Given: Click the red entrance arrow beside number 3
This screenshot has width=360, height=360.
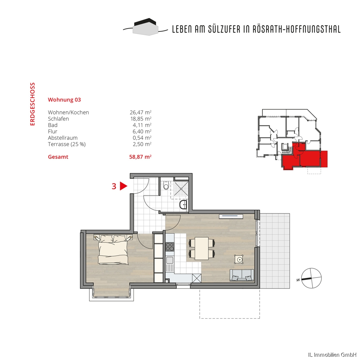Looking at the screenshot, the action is [x=123, y=186].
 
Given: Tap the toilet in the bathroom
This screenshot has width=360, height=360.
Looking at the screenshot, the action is [x=166, y=185].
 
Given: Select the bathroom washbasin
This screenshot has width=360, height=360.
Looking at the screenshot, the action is [x=183, y=204].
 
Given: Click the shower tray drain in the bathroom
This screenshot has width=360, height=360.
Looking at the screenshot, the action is [x=181, y=189].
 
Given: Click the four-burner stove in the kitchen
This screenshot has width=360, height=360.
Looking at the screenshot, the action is [x=170, y=247].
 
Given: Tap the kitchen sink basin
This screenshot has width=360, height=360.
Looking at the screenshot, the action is [x=170, y=260].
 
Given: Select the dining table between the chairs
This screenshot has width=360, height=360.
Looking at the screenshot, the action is [x=202, y=248].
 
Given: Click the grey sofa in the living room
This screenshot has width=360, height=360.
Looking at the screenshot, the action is [x=242, y=275].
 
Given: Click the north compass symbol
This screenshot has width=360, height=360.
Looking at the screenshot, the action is [x=311, y=278].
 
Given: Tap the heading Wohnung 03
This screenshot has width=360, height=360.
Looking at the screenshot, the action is [x=64, y=100].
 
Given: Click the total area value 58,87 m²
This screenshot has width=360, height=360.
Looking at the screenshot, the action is [x=140, y=157].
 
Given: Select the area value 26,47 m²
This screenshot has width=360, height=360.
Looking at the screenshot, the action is [x=140, y=112].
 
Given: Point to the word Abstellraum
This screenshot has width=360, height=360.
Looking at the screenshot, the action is [x=63, y=138].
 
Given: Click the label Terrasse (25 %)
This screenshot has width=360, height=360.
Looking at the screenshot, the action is [x=67, y=144].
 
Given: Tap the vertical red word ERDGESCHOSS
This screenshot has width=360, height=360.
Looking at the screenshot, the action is [x=32, y=104].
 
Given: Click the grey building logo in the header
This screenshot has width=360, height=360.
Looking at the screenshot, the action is [x=145, y=27].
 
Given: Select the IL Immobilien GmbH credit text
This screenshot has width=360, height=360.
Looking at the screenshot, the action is [x=332, y=355].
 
